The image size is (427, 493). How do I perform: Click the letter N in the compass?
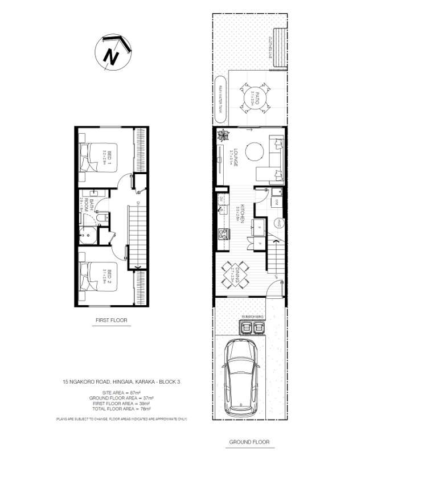[x=111, y=56]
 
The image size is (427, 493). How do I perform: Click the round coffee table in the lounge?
[x=254, y=152]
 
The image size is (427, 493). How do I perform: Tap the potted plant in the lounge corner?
[x=223, y=135]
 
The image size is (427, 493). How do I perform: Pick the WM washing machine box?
[x=277, y=202]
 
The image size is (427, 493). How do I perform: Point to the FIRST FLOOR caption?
[x=112, y=321]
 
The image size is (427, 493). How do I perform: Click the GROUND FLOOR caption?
[x=249, y=442]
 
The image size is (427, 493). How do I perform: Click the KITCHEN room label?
[x=241, y=213]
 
